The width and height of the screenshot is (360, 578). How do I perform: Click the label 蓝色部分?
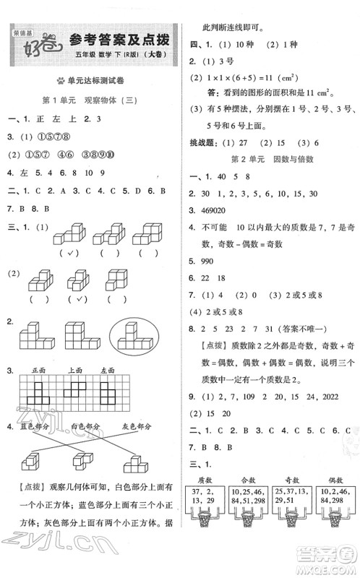[x=34, y=426]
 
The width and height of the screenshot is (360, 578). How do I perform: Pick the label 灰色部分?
[x=138, y=426]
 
